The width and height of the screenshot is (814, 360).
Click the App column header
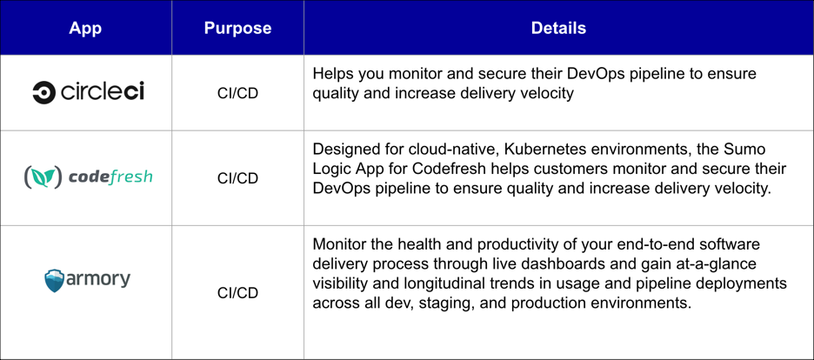click(x=85, y=28)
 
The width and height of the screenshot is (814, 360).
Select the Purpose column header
click(x=237, y=28)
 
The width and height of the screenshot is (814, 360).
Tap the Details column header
click(x=558, y=28)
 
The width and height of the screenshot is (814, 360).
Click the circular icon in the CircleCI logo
click(x=43, y=92)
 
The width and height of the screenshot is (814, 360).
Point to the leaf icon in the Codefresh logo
click(x=43, y=177)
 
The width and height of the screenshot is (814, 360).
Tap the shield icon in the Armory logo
click(x=54, y=280)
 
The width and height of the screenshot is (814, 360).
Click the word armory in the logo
click(x=98, y=279)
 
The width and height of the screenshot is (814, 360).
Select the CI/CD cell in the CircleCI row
click(x=237, y=93)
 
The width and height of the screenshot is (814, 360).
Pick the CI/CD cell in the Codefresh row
click(x=237, y=178)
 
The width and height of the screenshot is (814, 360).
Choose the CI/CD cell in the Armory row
click(x=237, y=293)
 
